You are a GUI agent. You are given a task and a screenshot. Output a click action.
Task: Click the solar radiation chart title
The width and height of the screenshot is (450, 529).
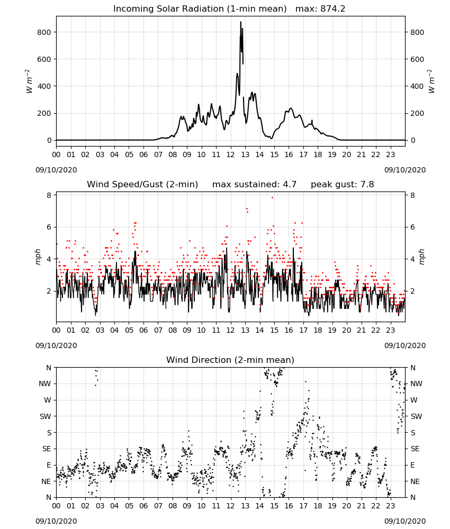point(229,9)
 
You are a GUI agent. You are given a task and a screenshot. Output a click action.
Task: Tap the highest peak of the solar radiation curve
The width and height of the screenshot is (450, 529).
point(241,22)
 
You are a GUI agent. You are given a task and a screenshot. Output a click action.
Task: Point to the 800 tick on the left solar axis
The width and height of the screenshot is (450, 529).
point(44,32)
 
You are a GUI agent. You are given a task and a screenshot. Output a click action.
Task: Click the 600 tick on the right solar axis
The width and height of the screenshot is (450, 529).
point(417,59)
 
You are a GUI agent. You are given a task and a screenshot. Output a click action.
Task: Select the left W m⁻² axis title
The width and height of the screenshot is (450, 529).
point(29,81)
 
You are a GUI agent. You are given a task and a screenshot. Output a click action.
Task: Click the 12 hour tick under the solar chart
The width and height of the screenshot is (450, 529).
point(231,155)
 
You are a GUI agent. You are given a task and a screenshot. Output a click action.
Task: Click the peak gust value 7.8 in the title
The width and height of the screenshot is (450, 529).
point(367,185)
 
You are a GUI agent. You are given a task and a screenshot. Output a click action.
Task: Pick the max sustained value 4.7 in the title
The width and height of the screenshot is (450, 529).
point(290,185)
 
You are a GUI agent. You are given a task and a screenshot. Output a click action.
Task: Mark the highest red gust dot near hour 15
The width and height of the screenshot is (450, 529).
point(273,198)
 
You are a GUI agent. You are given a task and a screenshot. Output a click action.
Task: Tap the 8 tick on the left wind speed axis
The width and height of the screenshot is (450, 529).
point(49,195)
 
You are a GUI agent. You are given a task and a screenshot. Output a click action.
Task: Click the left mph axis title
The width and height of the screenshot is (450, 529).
point(38,257)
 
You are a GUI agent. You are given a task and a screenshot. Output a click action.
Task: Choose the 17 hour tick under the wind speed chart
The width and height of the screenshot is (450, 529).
point(303,330)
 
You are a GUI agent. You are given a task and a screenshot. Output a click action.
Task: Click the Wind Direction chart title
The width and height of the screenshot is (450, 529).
point(230,360)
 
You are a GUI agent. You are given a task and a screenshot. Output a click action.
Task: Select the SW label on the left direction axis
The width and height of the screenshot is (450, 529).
point(45,416)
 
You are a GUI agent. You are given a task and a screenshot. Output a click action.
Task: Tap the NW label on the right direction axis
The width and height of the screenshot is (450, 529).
point(416,384)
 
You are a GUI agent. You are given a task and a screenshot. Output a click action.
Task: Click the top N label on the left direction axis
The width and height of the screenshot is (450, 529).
point(49,368)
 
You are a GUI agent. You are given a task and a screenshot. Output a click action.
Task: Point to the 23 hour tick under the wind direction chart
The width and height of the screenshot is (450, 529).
point(391,506)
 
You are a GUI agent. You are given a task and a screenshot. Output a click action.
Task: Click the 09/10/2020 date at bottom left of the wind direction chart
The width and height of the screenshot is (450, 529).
point(56,521)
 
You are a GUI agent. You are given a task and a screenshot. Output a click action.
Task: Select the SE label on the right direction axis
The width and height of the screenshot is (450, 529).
point(415,449)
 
